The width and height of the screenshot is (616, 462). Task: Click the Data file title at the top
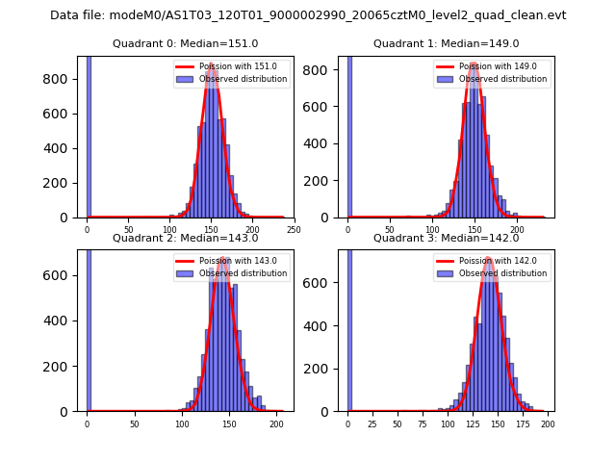click(308, 15)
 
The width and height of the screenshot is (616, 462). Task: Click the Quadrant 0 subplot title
click(185, 43)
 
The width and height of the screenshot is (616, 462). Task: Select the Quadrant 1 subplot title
click(446, 43)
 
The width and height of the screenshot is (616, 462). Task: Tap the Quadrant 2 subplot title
click(185, 238)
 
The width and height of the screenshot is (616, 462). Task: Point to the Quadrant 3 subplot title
click(446, 238)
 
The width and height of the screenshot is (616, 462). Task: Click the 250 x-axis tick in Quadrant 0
click(294, 230)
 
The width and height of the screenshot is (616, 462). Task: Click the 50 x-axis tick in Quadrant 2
click(134, 423)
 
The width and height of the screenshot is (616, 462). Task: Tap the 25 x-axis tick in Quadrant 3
click(372, 423)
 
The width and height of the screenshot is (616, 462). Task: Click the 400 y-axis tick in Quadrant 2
click(59, 321)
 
